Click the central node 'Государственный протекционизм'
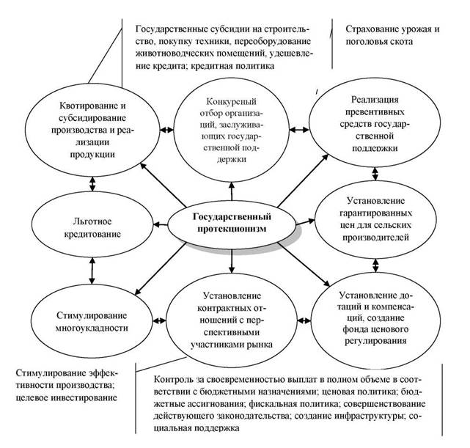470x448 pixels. [x=232, y=223]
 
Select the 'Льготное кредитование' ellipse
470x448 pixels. [x=92, y=224]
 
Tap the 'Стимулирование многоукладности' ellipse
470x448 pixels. [x=92, y=321]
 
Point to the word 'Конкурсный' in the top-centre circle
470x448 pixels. [x=232, y=102]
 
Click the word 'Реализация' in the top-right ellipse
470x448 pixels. [x=375, y=100]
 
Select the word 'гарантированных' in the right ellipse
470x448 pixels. [x=375, y=213]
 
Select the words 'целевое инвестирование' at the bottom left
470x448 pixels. [x=67, y=398]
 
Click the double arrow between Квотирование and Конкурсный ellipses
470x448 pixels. [x=166, y=130]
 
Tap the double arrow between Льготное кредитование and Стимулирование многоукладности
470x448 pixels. [x=92, y=271]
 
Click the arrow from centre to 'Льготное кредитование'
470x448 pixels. [x=161, y=224]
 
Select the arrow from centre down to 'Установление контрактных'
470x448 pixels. [x=231, y=258]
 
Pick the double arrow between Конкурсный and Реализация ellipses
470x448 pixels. [x=299, y=130]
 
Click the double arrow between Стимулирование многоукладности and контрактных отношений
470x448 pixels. [x=159, y=320]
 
